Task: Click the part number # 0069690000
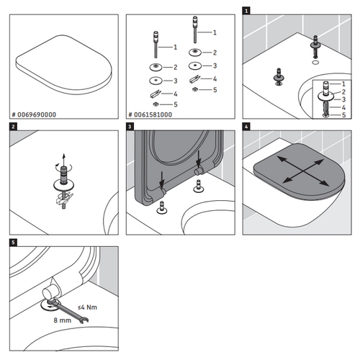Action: point(36,114)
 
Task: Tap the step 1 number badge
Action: point(247,12)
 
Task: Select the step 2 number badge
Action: point(13,127)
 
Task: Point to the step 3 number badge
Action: point(130,127)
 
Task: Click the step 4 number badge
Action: point(247,127)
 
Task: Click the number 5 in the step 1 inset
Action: point(343,114)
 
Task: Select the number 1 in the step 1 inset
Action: point(343,84)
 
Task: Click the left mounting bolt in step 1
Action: point(278,75)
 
